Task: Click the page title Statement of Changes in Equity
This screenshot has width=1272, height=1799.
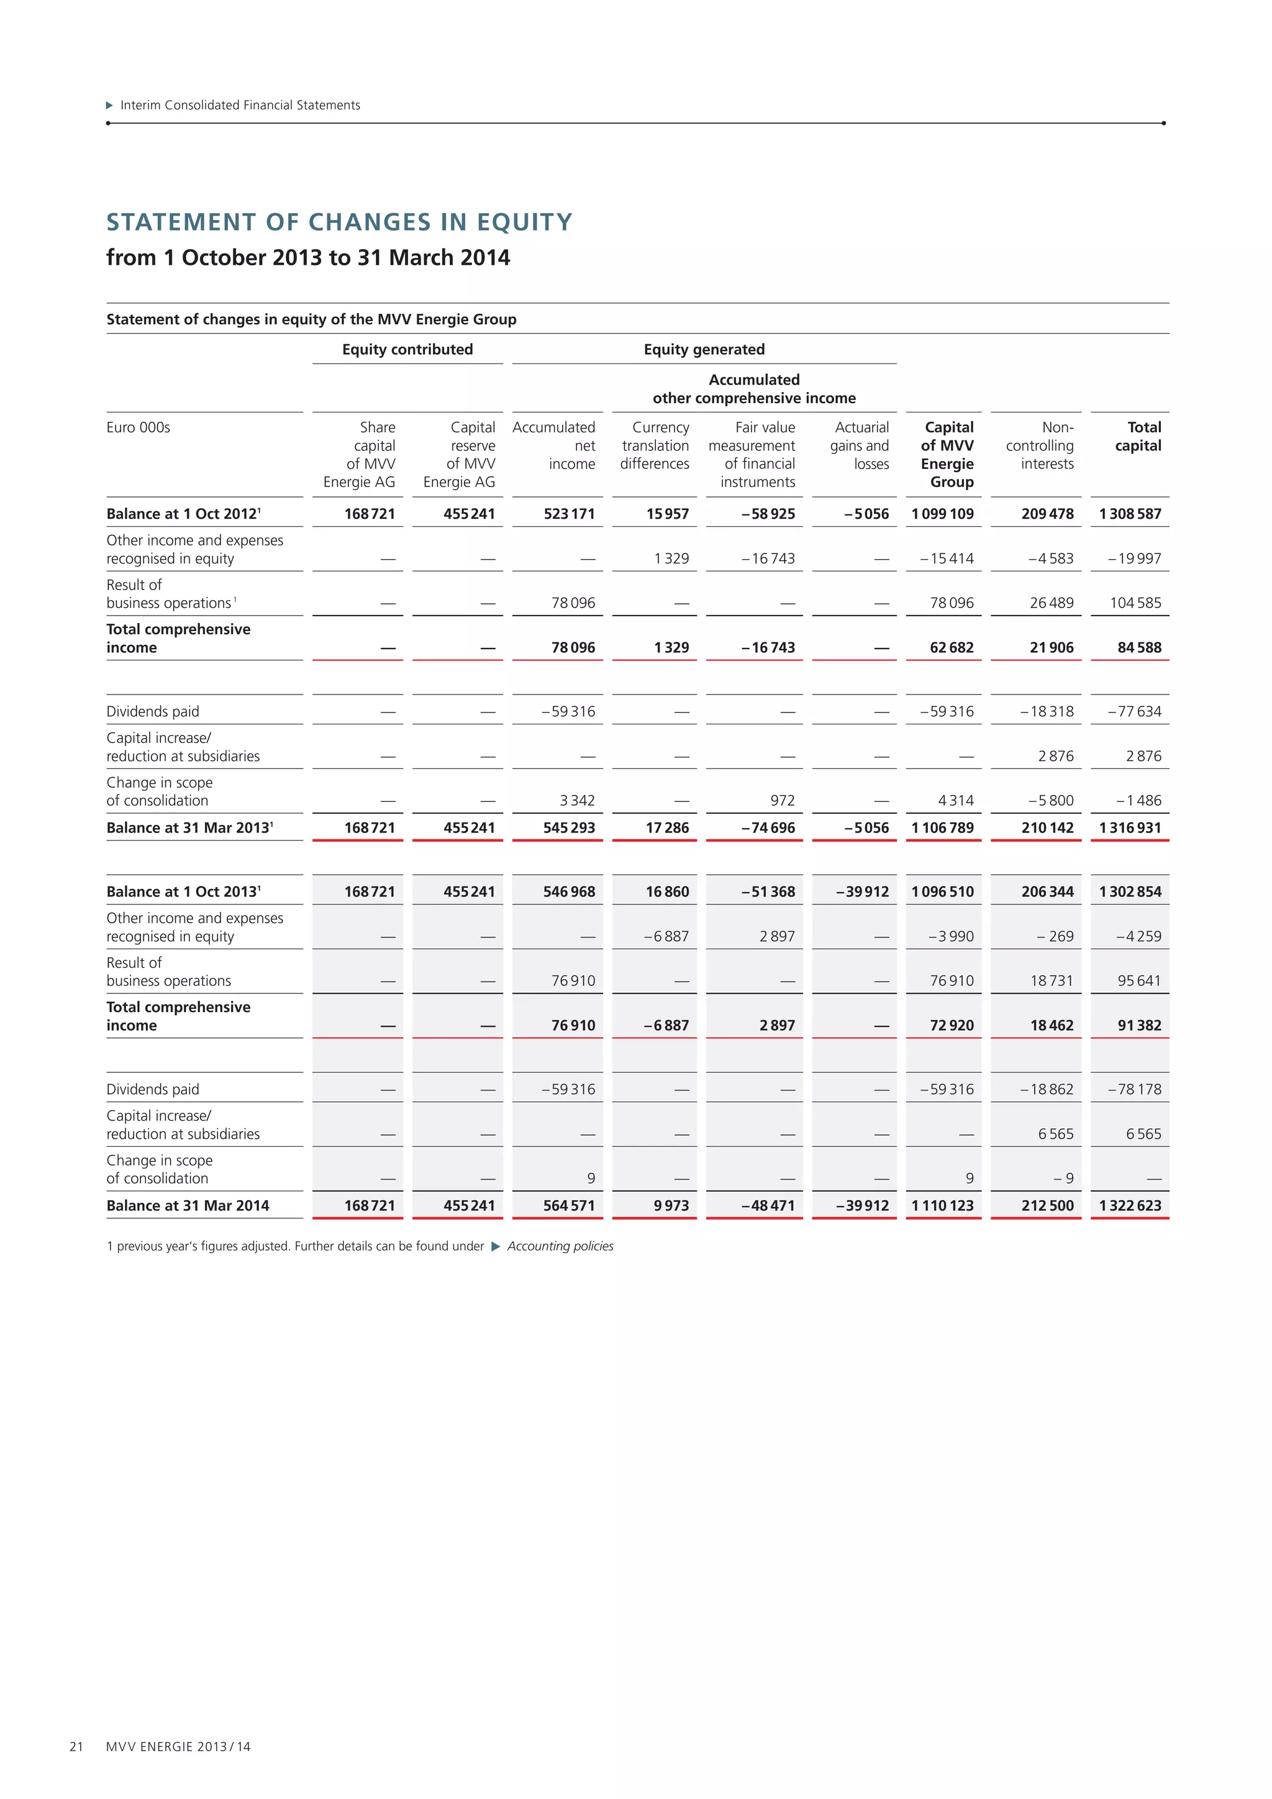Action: click(339, 222)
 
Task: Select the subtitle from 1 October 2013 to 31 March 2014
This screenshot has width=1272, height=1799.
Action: click(308, 258)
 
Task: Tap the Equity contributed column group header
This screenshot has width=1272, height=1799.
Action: click(407, 350)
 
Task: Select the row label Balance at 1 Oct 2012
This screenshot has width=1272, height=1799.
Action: click(183, 514)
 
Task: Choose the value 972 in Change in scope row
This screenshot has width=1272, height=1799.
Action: click(782, 801)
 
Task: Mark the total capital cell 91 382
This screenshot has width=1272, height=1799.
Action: click(1139, 1026)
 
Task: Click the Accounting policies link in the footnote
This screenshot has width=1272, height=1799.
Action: click(560, 1247)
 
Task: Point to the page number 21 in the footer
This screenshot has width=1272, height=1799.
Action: click(76, 1746)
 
